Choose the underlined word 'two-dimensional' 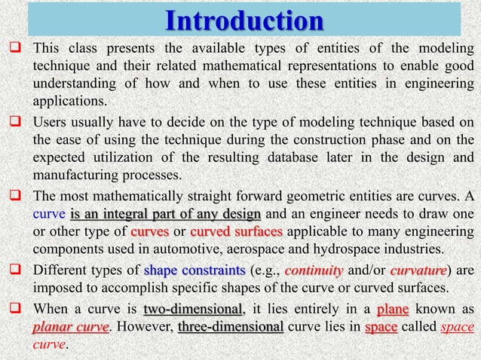click(193, 309)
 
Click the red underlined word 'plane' click(392, 309)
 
